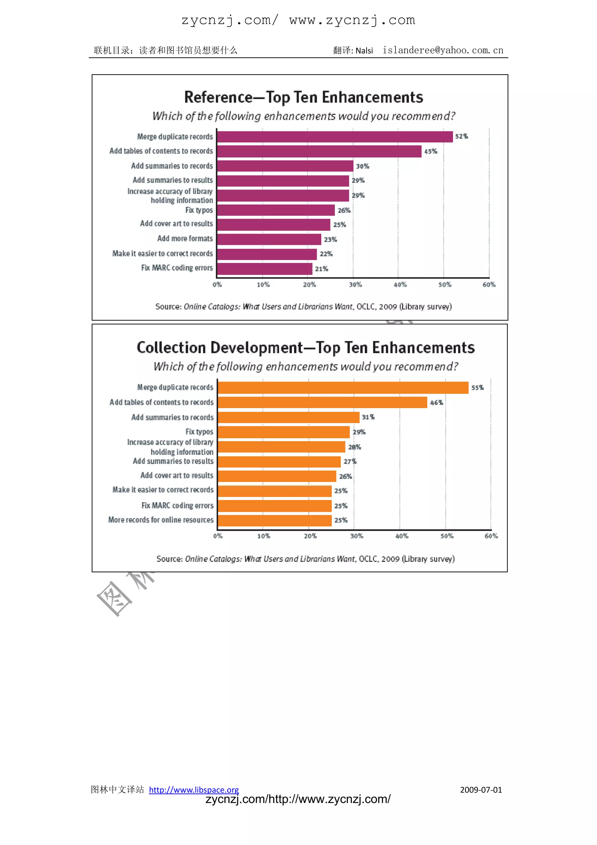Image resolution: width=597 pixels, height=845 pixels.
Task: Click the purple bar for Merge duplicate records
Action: [335, 137]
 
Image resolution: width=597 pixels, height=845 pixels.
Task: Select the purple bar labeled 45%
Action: [319, 151]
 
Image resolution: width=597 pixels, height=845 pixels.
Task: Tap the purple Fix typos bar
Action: [276, 210]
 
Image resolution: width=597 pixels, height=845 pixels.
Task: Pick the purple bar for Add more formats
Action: [269, 239]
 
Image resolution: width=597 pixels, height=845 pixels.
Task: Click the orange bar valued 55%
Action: [343, 387]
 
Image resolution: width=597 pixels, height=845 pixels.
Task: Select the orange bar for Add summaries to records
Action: [289, 417]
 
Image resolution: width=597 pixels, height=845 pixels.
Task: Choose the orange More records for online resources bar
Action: [275, 521]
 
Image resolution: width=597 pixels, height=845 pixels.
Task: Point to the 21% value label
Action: [321, 269]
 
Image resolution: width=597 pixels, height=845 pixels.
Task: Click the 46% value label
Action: [436, 403]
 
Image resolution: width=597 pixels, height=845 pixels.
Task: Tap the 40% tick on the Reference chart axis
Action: [400, 284]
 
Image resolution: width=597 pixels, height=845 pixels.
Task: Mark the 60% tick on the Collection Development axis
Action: [491, 536]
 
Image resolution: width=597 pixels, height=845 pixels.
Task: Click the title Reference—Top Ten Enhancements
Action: [304, 97]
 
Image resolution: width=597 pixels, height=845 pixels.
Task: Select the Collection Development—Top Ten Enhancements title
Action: [305, 348]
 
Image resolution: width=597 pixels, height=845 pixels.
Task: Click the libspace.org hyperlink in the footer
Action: [194, 790]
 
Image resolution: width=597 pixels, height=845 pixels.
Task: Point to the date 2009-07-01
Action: [480, 790]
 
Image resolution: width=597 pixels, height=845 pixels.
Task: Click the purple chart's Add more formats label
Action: [185, 238]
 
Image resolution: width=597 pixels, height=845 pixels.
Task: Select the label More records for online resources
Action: [161, 520]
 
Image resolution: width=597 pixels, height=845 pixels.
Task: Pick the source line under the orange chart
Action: [305, 559]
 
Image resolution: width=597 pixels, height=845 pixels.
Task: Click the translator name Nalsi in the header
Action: [364, 51]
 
